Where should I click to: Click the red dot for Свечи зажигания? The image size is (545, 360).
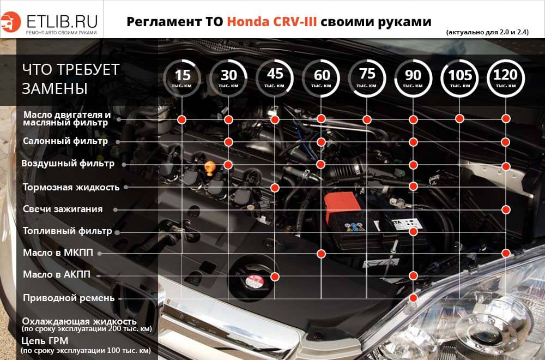pyautogui.click(x=506, y=209)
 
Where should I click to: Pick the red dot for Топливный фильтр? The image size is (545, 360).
pyautogui.click(x=414, y=232)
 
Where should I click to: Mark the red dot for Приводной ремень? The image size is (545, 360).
pyautogui.click(x=414, y=297)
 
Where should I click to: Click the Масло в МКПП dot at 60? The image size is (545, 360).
pyautogui.click(x=322, y=253)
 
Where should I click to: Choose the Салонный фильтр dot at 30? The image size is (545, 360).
pyautogui.click(x=229, y=142)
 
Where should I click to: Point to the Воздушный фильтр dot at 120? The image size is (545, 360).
pyautogui.click(x=506, y=166)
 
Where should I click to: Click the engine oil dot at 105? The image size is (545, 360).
pyautogui.click(x=460, y=118)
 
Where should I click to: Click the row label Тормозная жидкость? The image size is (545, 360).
pyautogui.click(x=71, y=187)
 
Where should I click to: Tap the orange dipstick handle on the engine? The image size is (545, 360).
pyautogui.click(x=210, y=166)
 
